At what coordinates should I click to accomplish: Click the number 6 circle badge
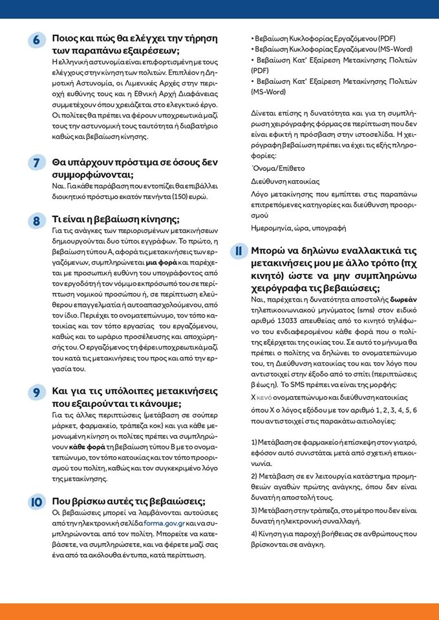click(x=36, y=40)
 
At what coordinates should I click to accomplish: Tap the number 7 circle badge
click(x=36, y=163)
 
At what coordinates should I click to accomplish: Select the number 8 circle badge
click(x=36, y=220)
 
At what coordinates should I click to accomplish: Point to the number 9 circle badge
click(x=36, y=391)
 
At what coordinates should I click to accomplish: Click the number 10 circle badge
click(x=36, y=502)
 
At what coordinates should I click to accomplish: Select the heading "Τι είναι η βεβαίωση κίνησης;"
click(x=116, y=218)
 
